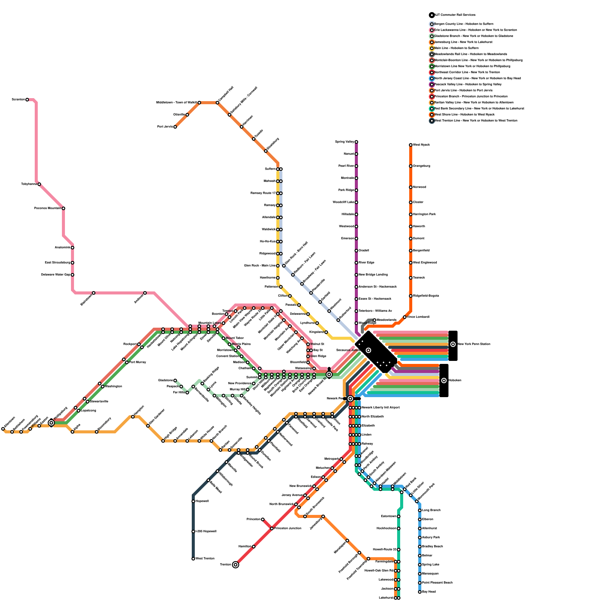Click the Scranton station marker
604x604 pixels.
pyautogui.click(x=27, y=100)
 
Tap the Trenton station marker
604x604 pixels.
pyautogui.click(x=236, y=565)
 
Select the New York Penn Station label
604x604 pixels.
pyautogui.click(x=474, y=344)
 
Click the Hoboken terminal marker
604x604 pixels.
pyautogui.click(x=444, y=381)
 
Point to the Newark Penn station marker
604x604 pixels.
pyautogui.click(x=350, y=399)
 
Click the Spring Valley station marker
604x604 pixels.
pyautogui.click(x=356, y=142)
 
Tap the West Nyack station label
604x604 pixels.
pyautogui.click(x=421, y=145)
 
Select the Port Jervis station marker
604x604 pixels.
pyautogui.click(x=175, y=127)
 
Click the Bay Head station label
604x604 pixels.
pyautogui.click(x=429, y=592)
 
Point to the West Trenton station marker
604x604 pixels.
pyautogui.click(x=193, y=559)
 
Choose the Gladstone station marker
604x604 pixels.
pyautogui.click(x=175, y=381)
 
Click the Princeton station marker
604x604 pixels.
pyautogui.click(x=263, y=519)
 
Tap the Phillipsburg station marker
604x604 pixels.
pyautogui.click(x=51, y=423)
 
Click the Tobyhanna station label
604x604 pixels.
pyautogui.click(x=29, y=184)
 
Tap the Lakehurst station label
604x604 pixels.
pyautogui.click(x=386, y=598)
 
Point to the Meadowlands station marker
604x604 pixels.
pyautogui.click(x=374, y=320)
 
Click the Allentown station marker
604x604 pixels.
pyautogui.click(x=3, y=429)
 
